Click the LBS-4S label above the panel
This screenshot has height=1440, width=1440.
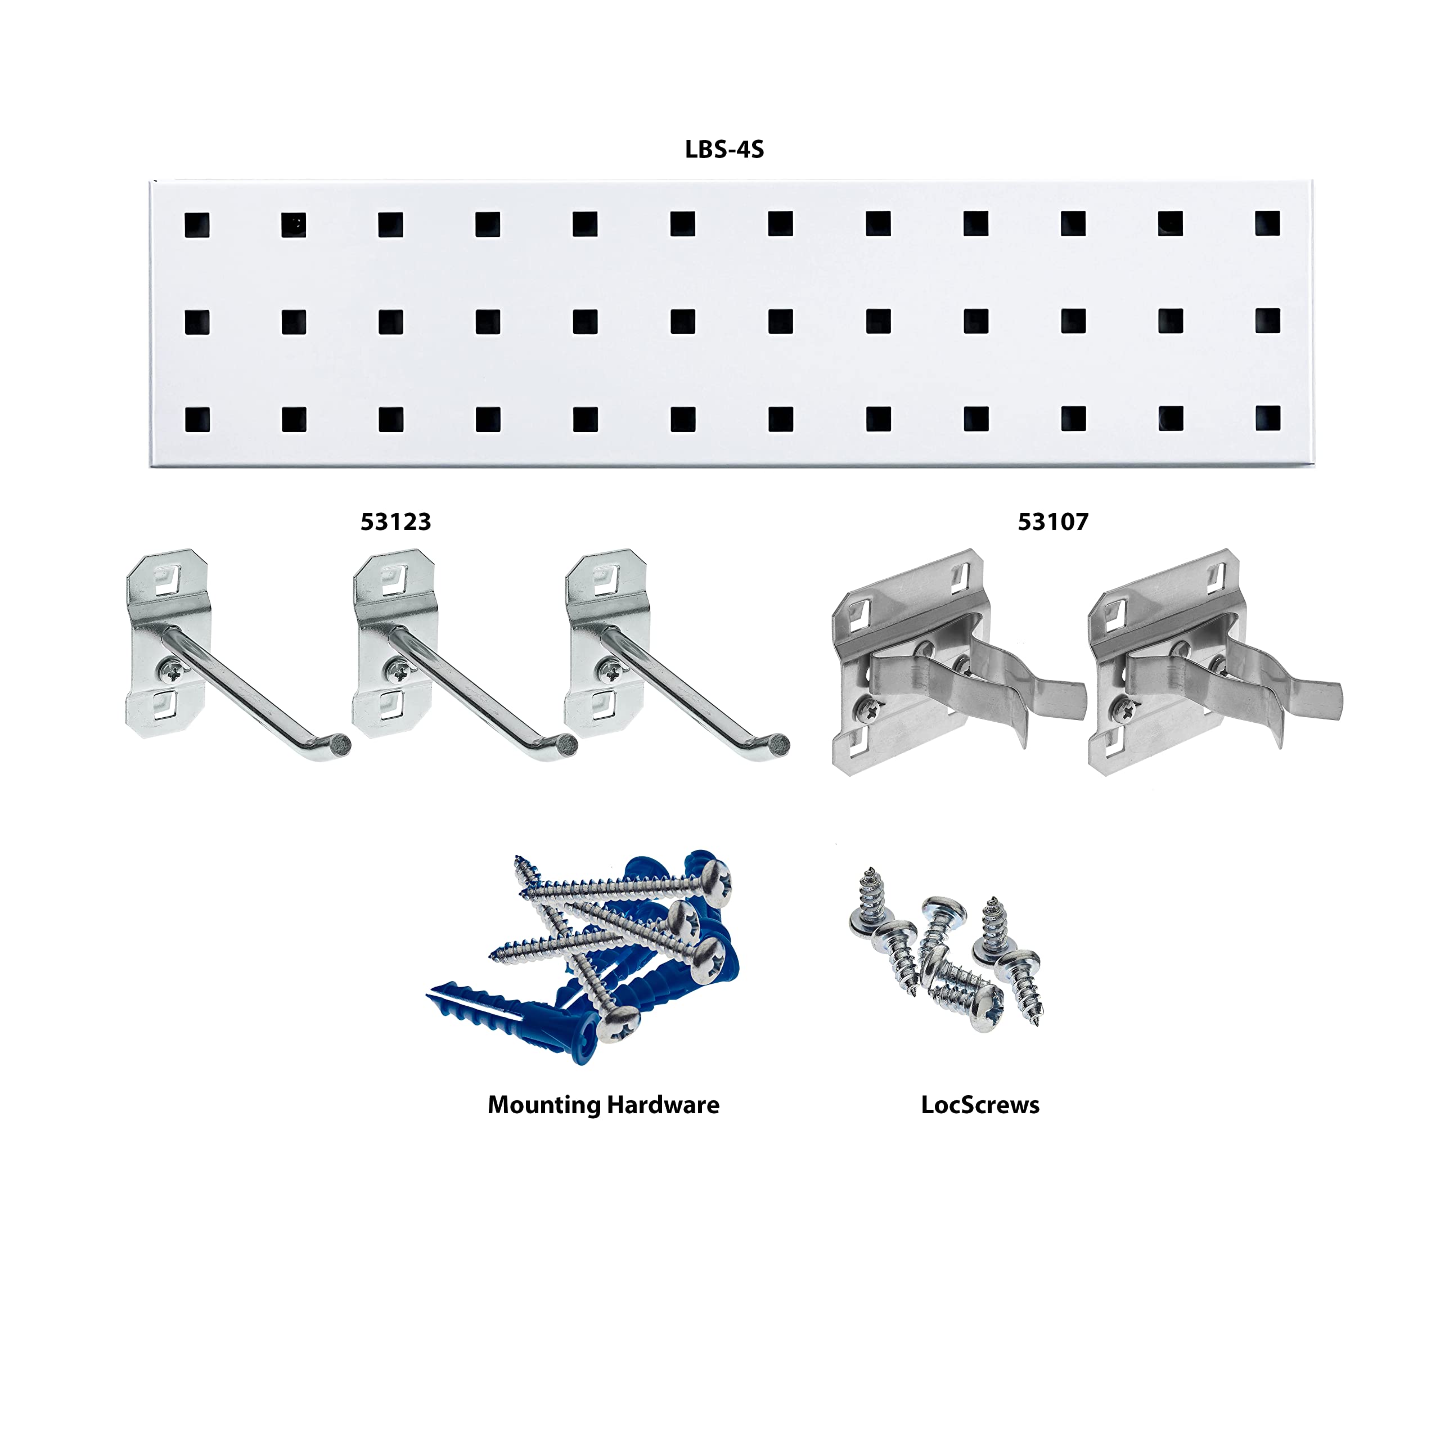pos(724,149)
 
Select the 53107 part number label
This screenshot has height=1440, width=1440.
pos(1052,522)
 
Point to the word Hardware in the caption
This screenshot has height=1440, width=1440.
pos(663,1105)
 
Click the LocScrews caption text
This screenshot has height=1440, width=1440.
pos(979,1105)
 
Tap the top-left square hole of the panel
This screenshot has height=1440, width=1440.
pos(197,225)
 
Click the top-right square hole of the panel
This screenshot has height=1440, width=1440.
pos(1267,223)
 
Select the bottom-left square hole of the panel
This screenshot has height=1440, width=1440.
pos(197,420)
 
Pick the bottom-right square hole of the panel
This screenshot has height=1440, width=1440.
pos(1267,418)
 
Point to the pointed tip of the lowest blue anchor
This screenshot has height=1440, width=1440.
pos(431,993)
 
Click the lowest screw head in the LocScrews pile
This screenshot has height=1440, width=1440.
pos(985,1016)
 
